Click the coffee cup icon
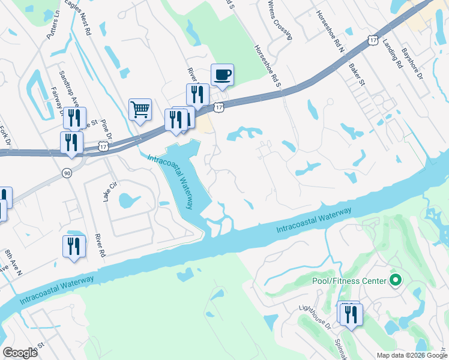(x=222, y=75)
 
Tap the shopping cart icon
(x=140, y=110)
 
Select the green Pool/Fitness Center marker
(x=395, y=280)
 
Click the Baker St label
(x=358, y=74)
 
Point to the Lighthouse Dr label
(x=315, y=317)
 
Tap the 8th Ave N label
(x=13, y=263)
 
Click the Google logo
(x=20, y=352)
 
